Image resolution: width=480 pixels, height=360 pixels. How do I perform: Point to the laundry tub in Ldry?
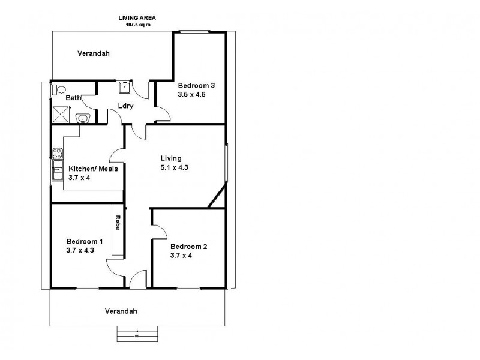pyautogui.click(x=124, y=88)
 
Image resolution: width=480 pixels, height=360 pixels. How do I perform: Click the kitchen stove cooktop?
pyautogui.click(x=57, y=152)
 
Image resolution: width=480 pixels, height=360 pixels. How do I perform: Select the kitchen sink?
pyautogui.click(x=57, y=170)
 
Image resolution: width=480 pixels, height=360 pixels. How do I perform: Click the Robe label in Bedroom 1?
pyautogui.click(x=118, y=223)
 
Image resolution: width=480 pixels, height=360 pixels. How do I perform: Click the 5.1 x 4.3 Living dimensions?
pyautogui.click(x=174, y=168)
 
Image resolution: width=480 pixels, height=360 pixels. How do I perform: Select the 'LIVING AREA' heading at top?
pyautogui.click(x=137, y=18)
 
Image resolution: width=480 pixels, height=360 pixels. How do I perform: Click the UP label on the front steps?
pyautogui.click(x=137, y=336)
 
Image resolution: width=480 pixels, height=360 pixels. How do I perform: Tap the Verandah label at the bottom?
pyautogui.click(x=121, y=311)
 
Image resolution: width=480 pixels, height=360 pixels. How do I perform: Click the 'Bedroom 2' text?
pyautogui.click(x=188, y=246)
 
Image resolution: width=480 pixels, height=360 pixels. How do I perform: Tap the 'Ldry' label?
pyautogui.click(x=125, y=106)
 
